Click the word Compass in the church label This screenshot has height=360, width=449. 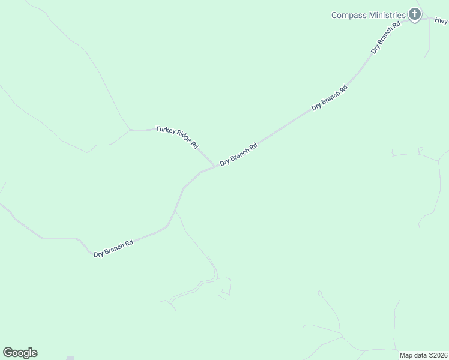tap(348, 15)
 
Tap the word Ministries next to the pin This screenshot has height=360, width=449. tap(386, 15)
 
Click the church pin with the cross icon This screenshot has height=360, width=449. tap(414, 14)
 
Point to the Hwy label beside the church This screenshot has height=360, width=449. tap(441, 20)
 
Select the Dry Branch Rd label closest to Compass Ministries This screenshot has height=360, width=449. tap(385, 38)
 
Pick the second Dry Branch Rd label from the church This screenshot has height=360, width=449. tap(330, 98)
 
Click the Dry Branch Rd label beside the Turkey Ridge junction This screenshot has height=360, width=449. tap(238, 154)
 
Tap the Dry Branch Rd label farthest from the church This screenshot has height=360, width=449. tap(113, 248)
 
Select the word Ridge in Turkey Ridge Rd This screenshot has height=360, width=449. tap(182, 138)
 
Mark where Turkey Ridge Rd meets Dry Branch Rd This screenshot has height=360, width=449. tap(215, 166)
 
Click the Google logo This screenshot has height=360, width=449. tap(20, 353)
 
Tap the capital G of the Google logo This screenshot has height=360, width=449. tap(8, 353)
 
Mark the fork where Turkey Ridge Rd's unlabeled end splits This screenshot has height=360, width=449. tap(129, 129)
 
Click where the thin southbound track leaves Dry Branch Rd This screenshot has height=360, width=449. tap(174, 211)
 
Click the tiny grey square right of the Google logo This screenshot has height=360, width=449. tap(70, 358)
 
